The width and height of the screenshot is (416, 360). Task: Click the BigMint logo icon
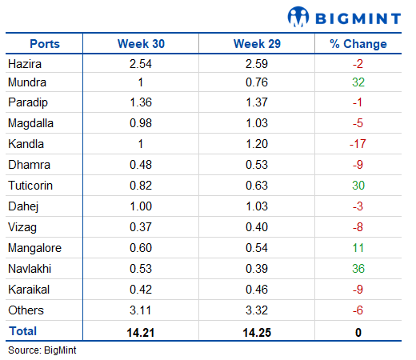coord(298,17)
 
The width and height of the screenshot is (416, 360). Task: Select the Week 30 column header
coord(141,44)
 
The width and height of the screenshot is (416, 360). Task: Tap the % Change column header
coord(358,44)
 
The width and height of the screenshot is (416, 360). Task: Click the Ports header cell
coord(45,44)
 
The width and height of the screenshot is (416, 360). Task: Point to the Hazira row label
coord(25,64)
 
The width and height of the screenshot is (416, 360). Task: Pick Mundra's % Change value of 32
coord(358,82)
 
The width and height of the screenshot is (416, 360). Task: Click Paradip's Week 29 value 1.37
coord(257,102)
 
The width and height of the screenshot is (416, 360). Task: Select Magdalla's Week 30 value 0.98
coord(141,123)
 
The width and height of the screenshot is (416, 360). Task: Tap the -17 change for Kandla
coord(358,144)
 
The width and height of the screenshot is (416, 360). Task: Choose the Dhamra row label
coord(29,165)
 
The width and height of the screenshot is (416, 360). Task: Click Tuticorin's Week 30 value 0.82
coord(141,186)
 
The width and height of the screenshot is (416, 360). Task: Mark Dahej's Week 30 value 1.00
coord(141,206)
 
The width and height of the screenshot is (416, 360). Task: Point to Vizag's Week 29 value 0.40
coord(257,227)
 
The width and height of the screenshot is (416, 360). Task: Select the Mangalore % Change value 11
coord(358,248)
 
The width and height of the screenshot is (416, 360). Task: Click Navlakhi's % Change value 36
coord(358,269)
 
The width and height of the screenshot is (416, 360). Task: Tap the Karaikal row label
coord(29,290)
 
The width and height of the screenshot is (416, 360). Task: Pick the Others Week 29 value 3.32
coord(257,310)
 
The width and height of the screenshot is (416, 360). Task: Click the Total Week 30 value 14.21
coord(141,333)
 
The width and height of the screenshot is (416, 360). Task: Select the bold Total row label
coord(22,331)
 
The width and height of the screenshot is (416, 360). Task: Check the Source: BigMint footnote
coord(42,350)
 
